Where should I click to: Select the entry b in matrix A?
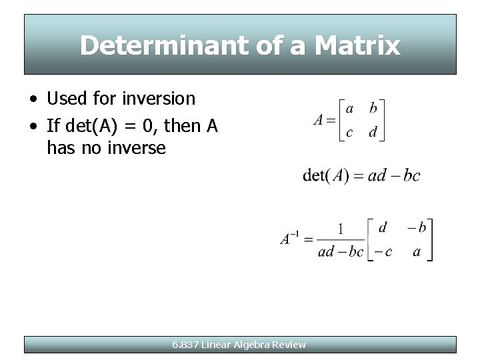pos(373,108)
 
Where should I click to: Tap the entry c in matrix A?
pos(350,132)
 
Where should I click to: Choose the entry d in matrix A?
pos(373,132)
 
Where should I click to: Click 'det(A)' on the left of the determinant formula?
pos(325,175)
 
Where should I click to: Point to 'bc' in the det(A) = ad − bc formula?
pos(411,175)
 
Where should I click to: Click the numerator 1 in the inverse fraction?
pos(341,229)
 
